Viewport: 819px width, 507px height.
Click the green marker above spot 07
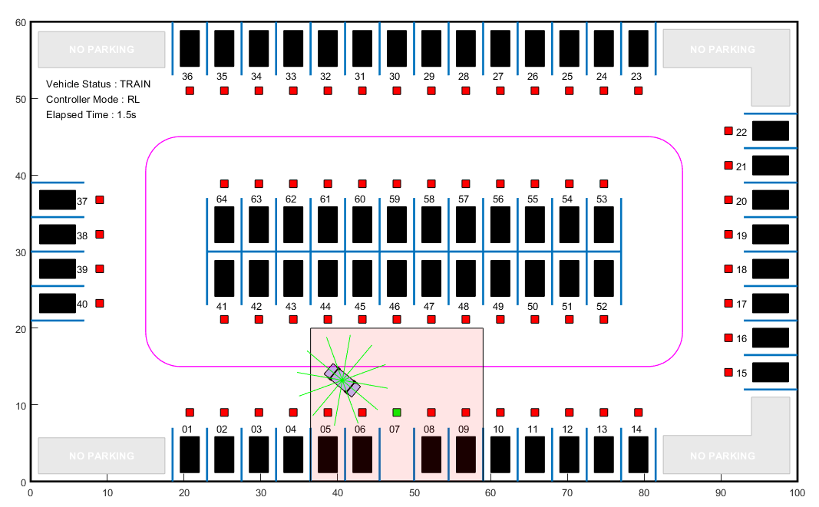[x=397, y=413]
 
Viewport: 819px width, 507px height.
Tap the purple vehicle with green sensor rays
[x=342, y=380]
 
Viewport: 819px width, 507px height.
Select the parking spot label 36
[x=187, y=77]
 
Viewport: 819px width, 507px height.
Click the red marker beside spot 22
[x=728, y=131]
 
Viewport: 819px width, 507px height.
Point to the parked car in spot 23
[x=639, y=48]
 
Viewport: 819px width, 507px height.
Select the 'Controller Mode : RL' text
[x=93, y=100]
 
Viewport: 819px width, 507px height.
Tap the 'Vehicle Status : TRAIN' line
[x=98, y=84]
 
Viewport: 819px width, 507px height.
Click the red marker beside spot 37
[x=99, y=200]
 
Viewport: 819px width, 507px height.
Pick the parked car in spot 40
[x=58, y=303]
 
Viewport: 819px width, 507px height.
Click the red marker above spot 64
[x=224, y=184]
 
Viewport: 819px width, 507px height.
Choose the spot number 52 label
[x=602, y=307]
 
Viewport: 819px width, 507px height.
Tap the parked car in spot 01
[x=190, y=455]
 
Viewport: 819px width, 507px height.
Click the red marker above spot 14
[x=638, y=413]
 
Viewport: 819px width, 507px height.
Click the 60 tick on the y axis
[x=21, y=23]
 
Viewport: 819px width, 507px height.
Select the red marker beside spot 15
[x=728, y=373]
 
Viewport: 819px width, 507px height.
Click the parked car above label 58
[x=431, y=225]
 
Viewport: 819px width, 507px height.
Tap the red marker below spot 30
[x=397, y=91]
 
